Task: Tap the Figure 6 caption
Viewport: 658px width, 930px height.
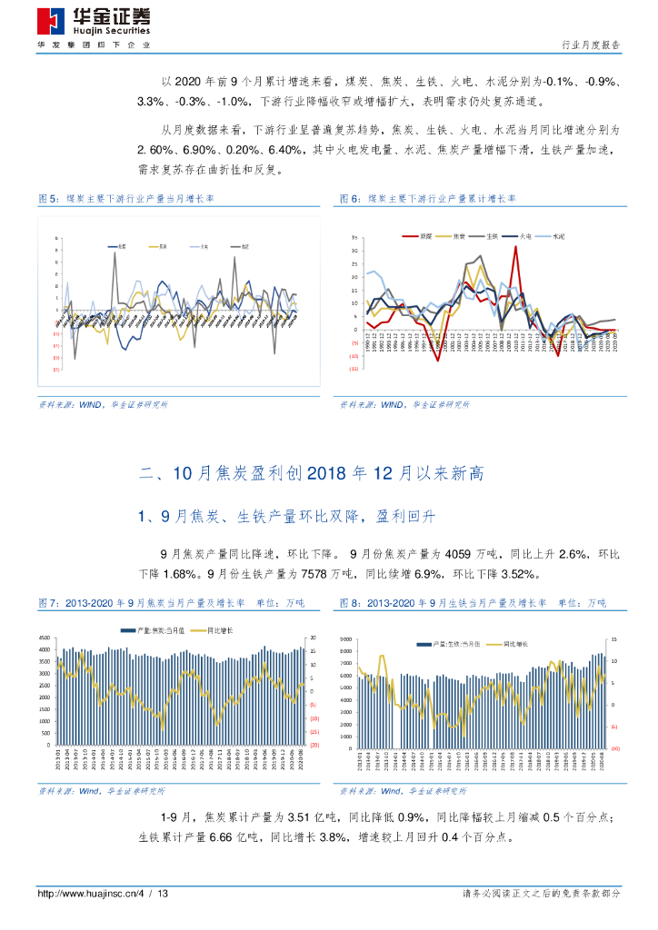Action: tap(427, 198)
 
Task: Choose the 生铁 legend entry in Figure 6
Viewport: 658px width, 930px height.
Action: tap(492, 236)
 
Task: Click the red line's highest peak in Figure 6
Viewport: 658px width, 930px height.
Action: tap(515, 246)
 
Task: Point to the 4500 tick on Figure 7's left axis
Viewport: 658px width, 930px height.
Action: tap(45, 649)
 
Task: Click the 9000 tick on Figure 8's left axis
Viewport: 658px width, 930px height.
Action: tap(345, 640)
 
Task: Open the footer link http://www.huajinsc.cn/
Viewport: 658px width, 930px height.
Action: tap(86, 894)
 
